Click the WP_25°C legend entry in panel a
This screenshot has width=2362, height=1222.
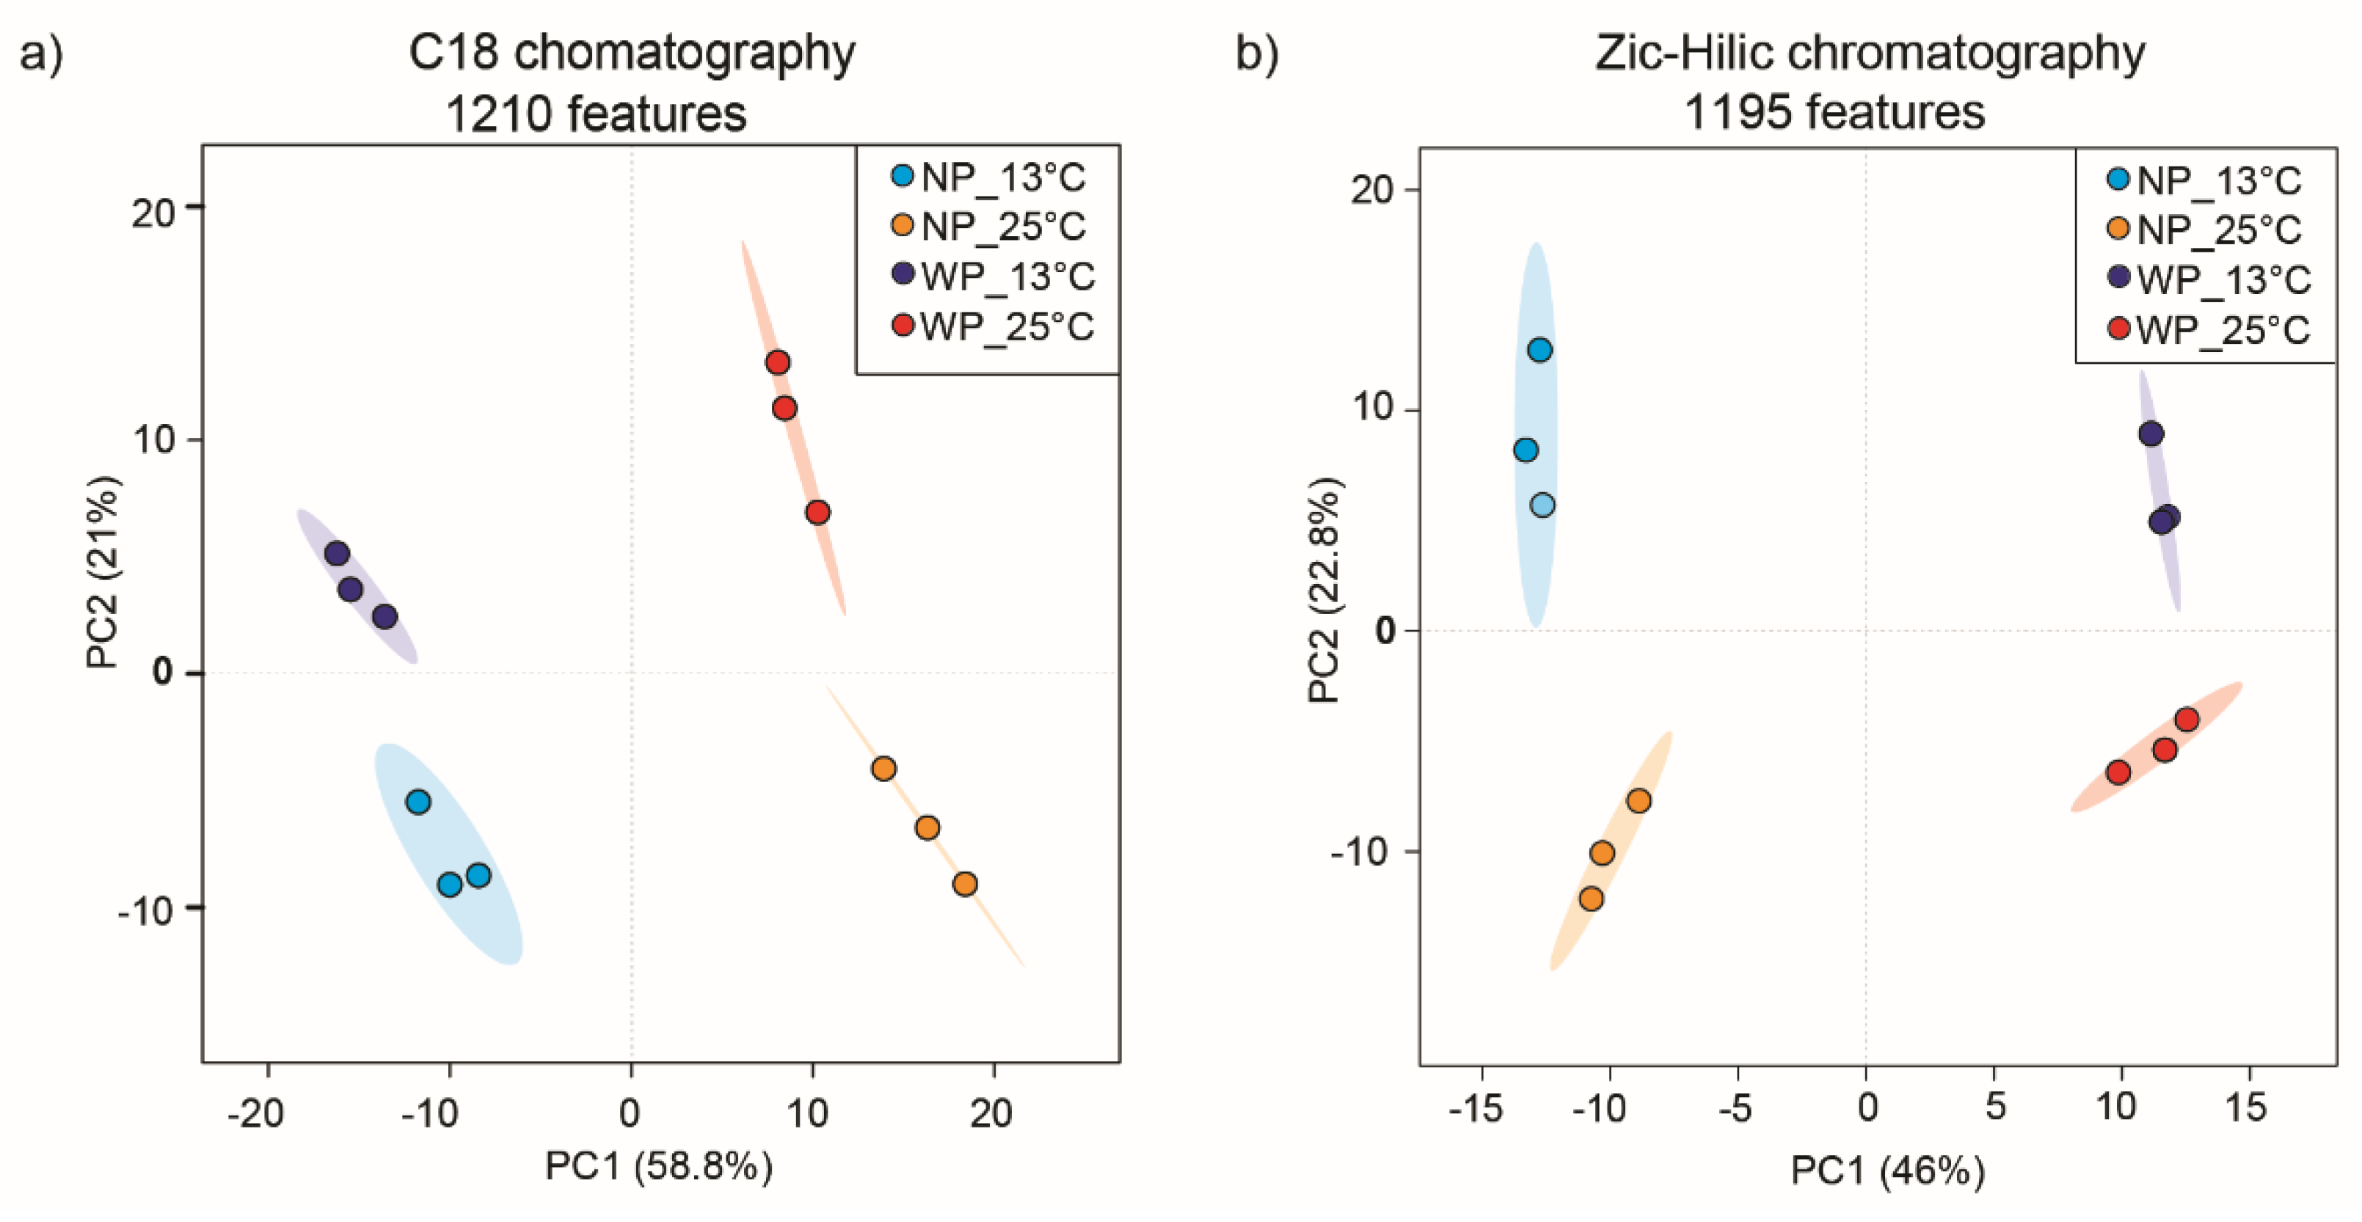pos(994,326)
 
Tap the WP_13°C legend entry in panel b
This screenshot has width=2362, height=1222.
pos(2211,279)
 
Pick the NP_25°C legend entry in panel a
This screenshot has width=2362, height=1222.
pos(991,227)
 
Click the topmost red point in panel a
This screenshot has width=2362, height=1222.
pos(778,362)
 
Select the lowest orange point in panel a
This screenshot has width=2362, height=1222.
pos(965,884)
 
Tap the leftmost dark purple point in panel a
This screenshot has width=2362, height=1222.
pos(338,553)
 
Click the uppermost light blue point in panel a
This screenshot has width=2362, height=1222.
pos(418,802)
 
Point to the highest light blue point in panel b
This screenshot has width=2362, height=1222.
pos(1539,349)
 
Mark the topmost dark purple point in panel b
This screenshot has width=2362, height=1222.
pos(2151,433)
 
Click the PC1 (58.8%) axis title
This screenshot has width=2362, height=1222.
pos(658,1166)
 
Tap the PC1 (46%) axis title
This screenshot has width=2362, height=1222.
pos(1887,1171)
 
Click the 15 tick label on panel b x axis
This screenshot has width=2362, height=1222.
pos(2245,1108)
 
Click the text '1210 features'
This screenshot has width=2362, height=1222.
pos(596,114)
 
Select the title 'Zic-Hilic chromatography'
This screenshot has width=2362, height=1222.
pos(1870,53)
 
